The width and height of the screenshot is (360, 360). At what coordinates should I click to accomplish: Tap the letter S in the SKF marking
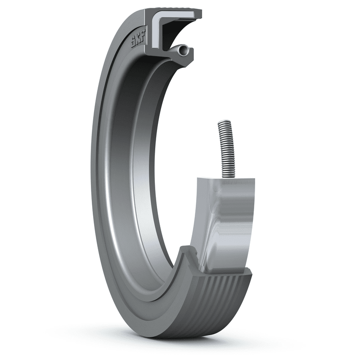pyautogui.click(x=133, y=44)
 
